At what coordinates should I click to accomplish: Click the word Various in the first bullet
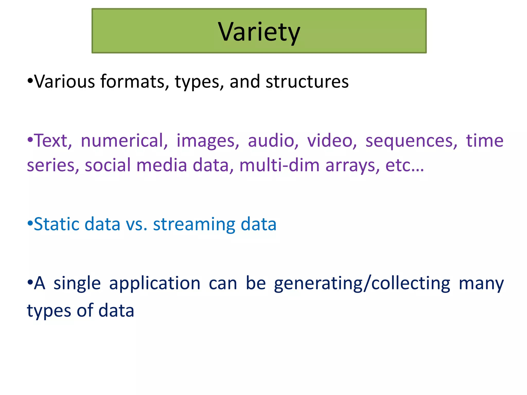coord(65,82)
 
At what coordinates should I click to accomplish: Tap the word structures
coord(307,82)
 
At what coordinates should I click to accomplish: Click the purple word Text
coord(53,141)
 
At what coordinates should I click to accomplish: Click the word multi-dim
coord(279,165)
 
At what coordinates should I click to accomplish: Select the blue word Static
coord(57,224)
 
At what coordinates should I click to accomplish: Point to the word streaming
coord(194,225)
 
